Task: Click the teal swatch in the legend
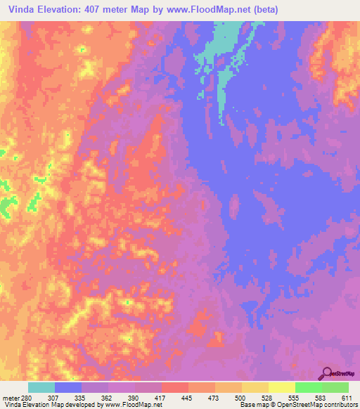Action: coord(41,387)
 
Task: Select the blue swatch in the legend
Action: coord(68,387)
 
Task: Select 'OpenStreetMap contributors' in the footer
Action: coord(319,405)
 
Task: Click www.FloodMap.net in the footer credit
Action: coord(134,405)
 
